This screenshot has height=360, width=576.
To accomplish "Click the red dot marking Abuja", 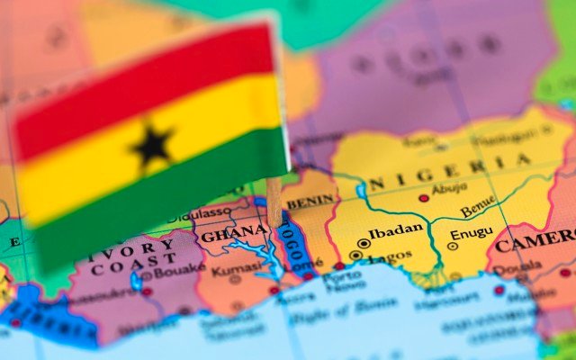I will click(424, 198).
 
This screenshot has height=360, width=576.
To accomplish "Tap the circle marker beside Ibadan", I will click(364, 242).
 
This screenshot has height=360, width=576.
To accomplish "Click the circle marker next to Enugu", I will click(453, 246).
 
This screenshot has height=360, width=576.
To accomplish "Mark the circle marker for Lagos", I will click(356, 256).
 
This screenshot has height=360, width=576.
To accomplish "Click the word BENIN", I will click(310, 202).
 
